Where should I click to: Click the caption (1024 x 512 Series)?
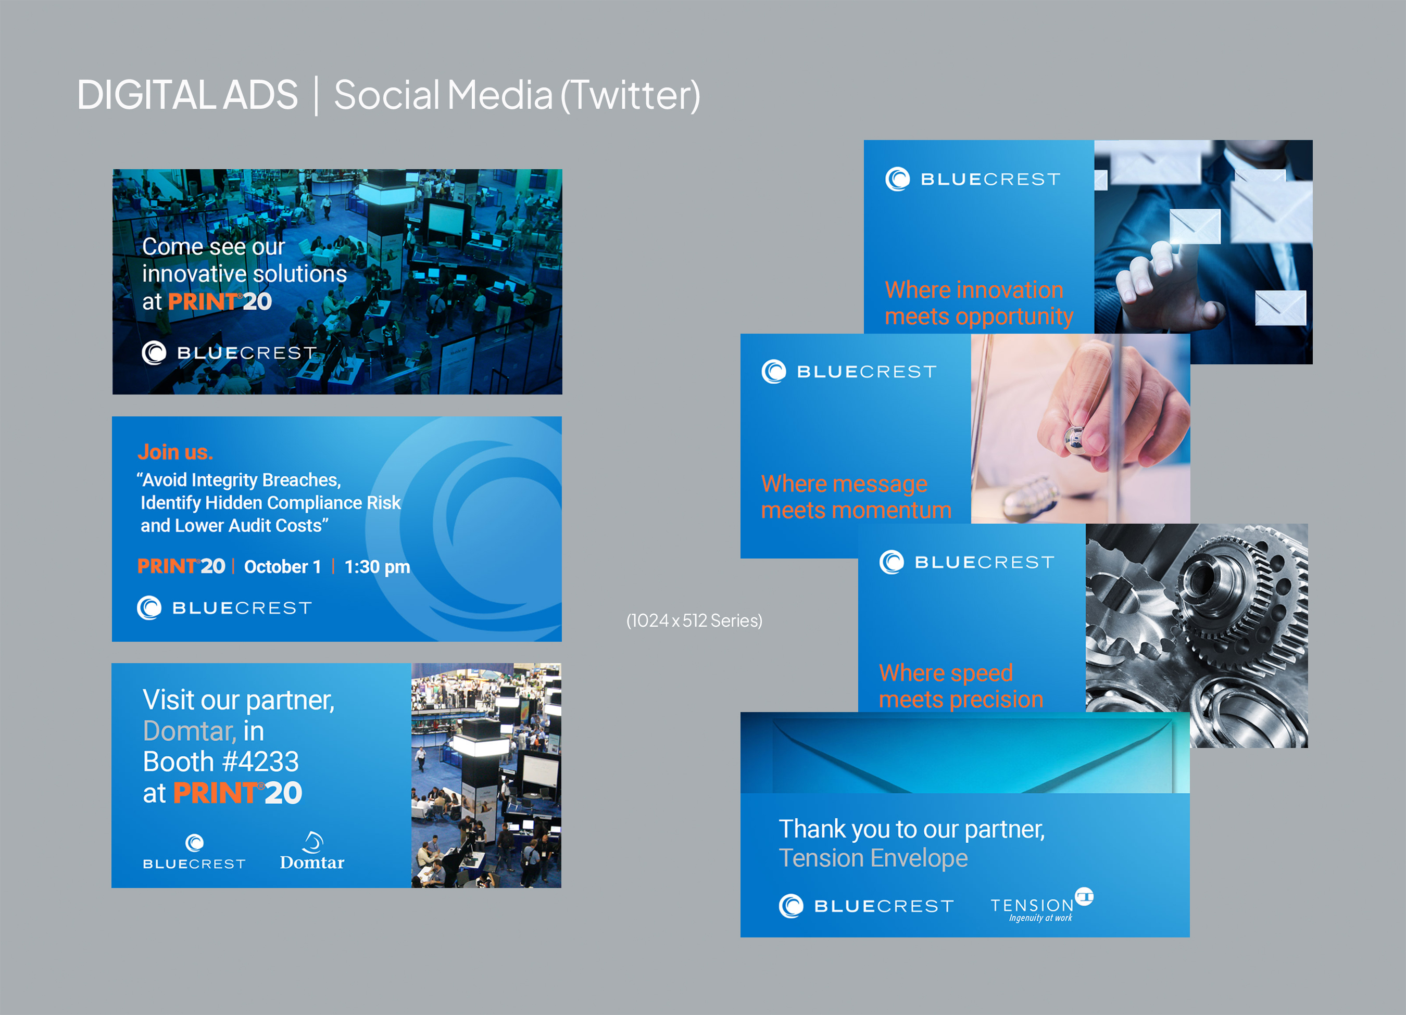click(x=694, y=620)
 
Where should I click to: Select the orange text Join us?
click(x=175, y=452)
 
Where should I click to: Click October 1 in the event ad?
click(x=283, y=566)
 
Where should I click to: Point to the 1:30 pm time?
click(x=377, y=567)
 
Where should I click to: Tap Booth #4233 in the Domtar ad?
click(x=221, y=762)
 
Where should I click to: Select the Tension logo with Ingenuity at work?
click(x=1042, y=905)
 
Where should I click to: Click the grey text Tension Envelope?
click(x=873, y=858)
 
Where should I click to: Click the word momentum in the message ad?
click(x=892, y=510)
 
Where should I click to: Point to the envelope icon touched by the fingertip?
click(x=1195, y=226)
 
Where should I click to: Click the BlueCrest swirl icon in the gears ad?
click(x=892, y=562)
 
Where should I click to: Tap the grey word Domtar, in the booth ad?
click(x=190, y=731)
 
